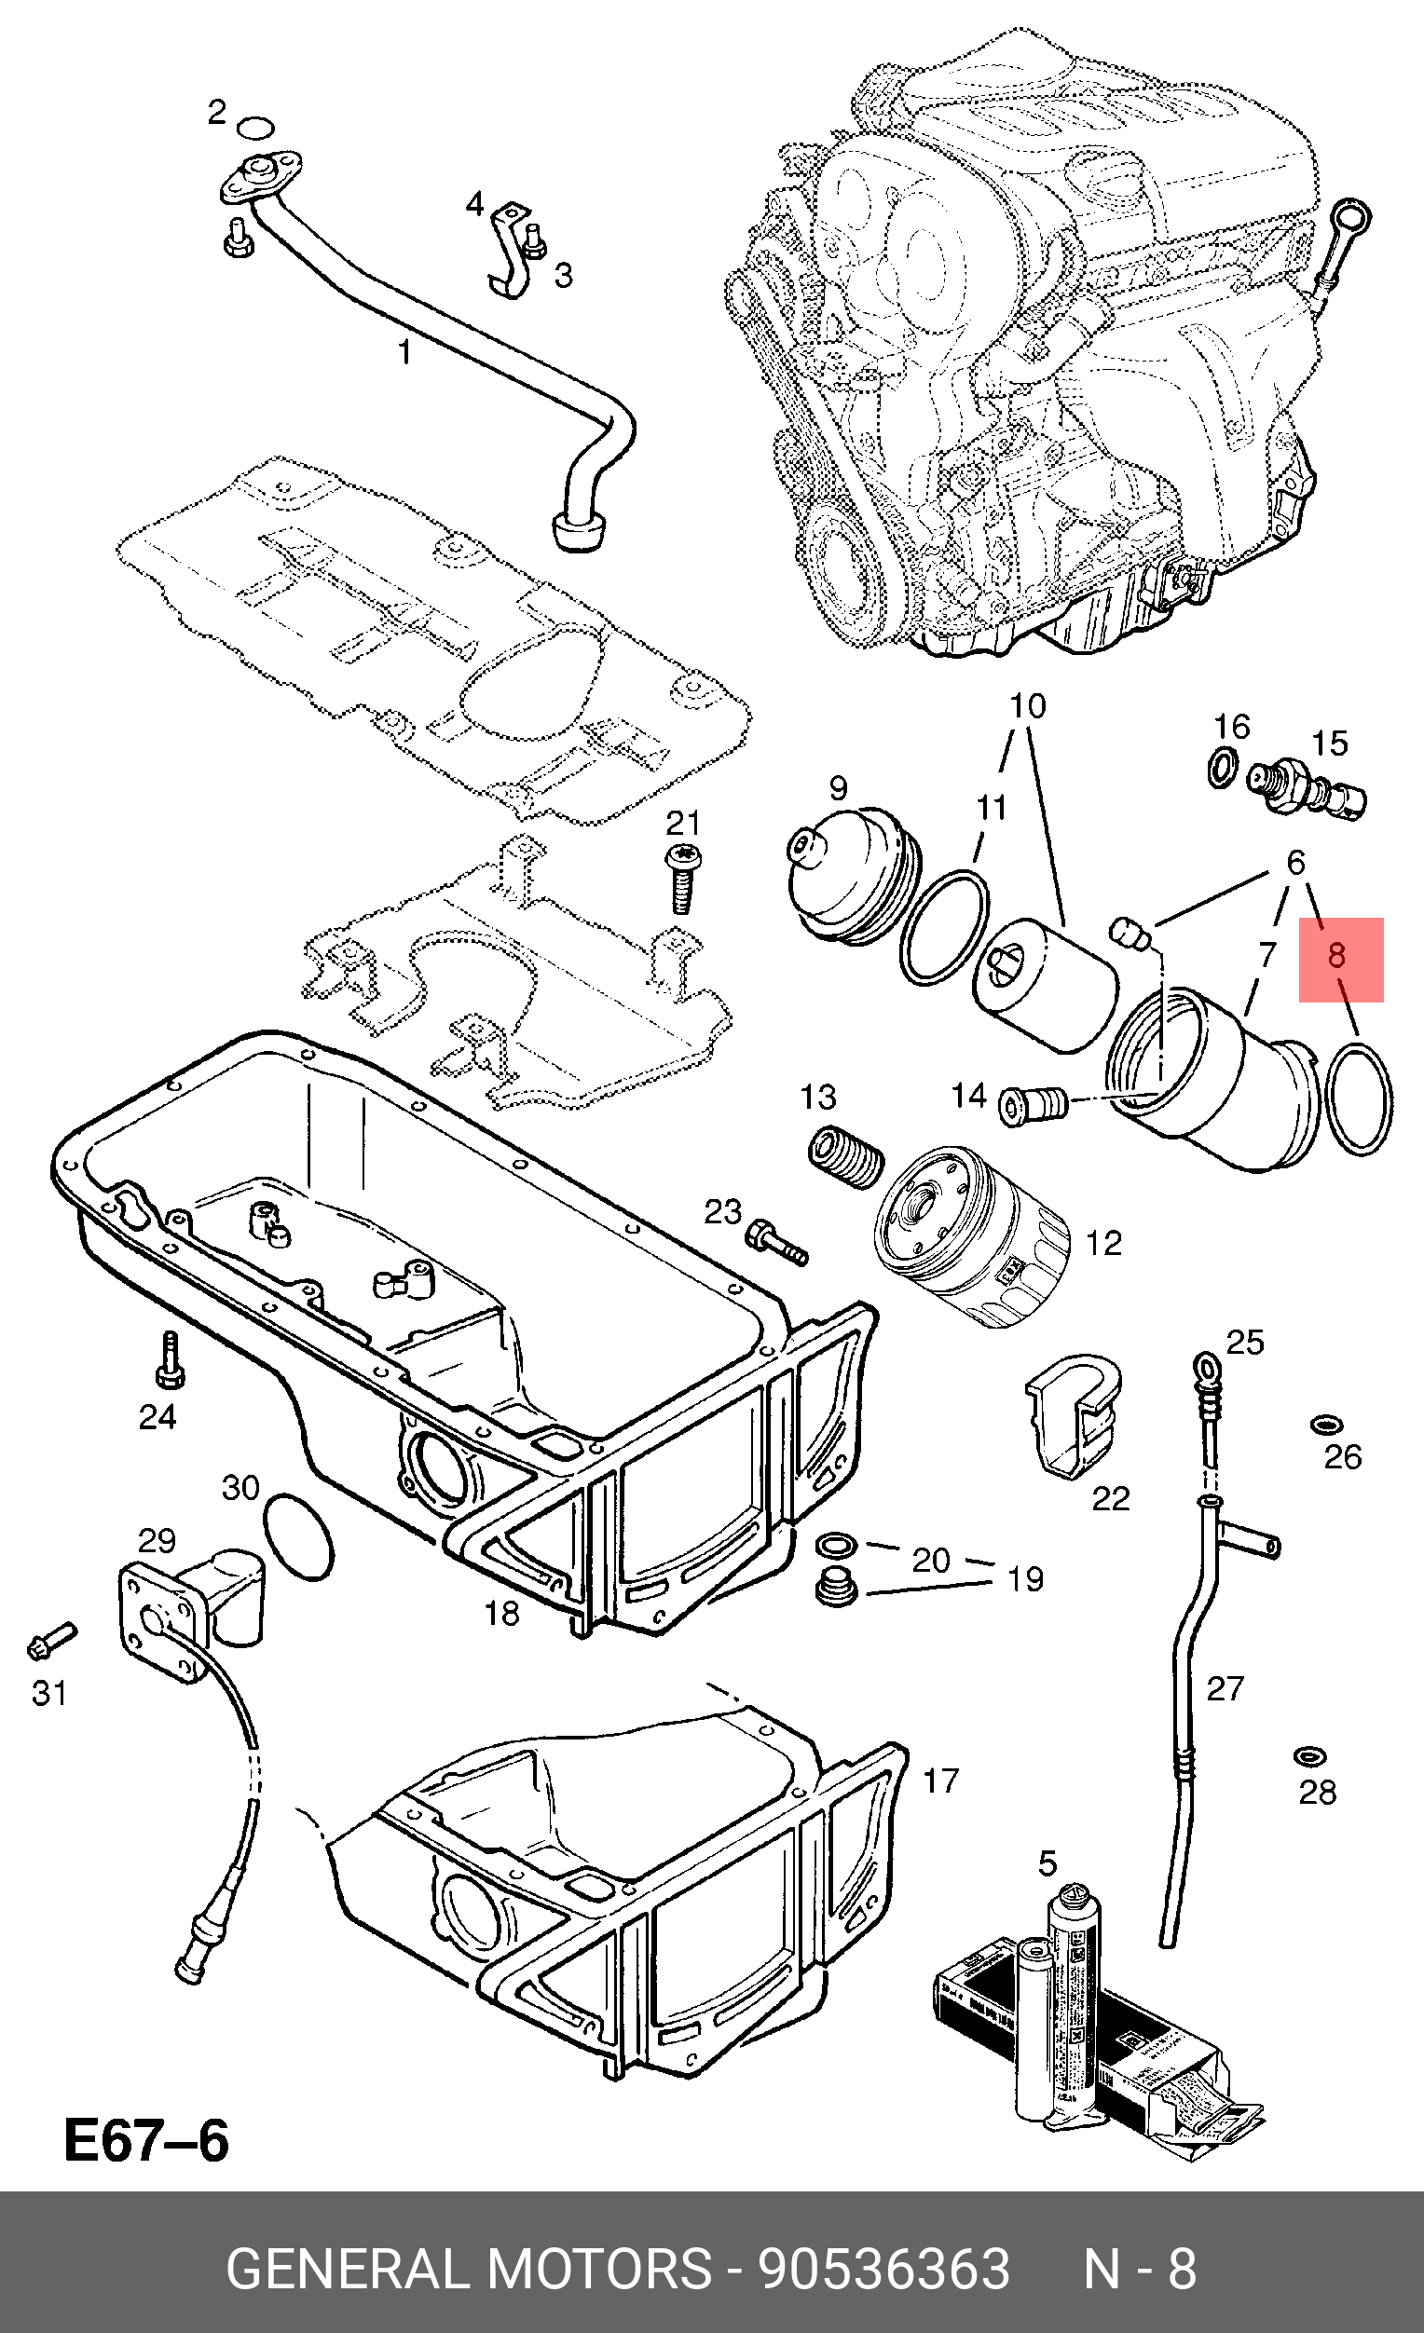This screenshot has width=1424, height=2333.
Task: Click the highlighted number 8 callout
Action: (x=1340, y=958)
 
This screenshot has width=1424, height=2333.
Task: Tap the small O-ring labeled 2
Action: (x=255, y=128)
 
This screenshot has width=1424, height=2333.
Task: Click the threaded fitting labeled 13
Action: (x=844, y=1157)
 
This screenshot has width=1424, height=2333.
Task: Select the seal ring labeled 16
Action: (x=1224, y=766)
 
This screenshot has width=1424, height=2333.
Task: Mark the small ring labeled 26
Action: (x=1326, y=1425)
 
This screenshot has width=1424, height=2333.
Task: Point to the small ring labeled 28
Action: (x=1310, y=1756)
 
